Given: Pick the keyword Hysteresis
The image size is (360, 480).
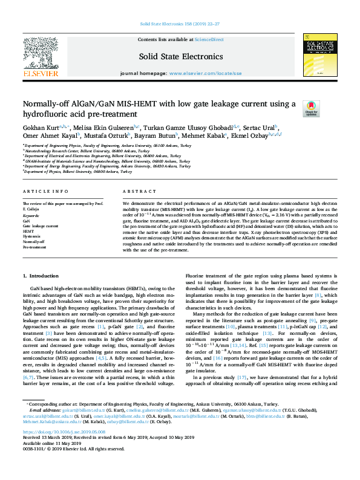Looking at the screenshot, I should [31, 236].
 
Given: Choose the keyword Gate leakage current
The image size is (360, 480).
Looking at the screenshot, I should [42, 225].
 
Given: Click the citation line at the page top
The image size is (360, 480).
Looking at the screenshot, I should [180, 24].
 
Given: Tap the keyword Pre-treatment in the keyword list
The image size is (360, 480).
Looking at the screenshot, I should [34, 247].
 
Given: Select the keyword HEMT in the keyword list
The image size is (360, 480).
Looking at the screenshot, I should [28, 231].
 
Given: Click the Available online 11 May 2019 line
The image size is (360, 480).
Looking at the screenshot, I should [51, 460].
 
